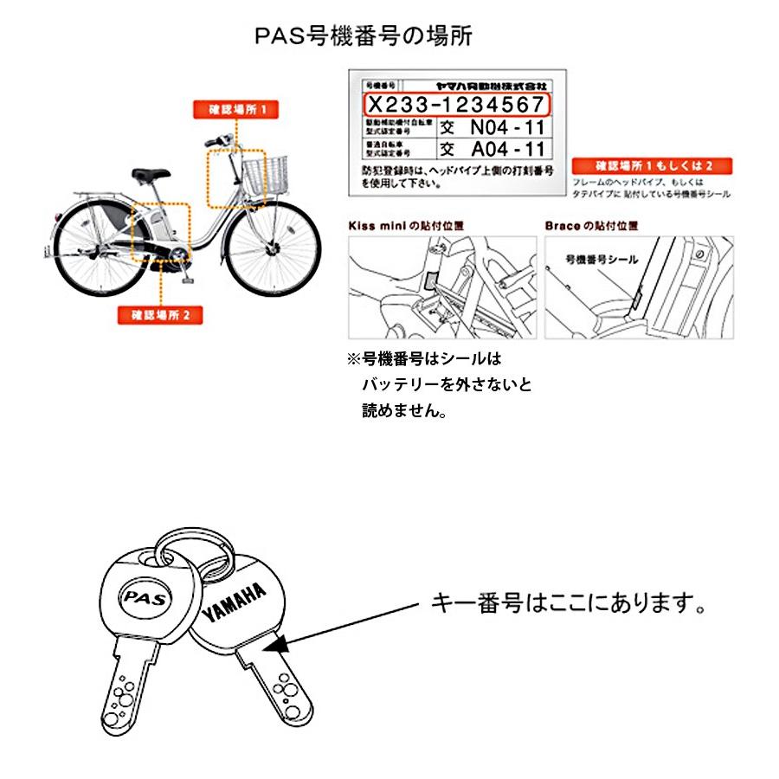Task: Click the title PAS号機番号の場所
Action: pyautogui.click(x=364, y=37)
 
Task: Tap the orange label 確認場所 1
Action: pyautogui.click(x=230, y=110)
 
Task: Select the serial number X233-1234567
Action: pyautogui.click(x=457, y=104)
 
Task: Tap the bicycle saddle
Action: pyautogui.click(x=150, y=172)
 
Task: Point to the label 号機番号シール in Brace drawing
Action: pyautogui.click(x=601, y=258)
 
